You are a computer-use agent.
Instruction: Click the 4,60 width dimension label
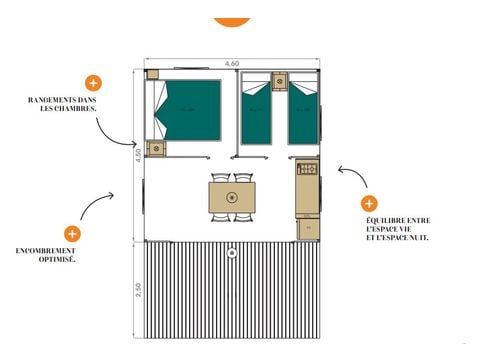[x=232, y=63]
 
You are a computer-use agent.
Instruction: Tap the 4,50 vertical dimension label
[x=137, y=155]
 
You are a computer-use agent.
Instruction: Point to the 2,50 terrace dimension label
[x=137, y=294]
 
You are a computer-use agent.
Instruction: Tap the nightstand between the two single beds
[x=280, y=81]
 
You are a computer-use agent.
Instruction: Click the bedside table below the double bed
[x=156, y=148]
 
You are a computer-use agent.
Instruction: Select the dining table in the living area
[x=232, y=195]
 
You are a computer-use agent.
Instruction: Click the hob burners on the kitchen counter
[x=307, y=169]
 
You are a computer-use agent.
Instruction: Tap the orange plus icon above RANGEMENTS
[x=94, y=83]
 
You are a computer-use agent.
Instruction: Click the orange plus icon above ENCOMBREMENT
[x=72, y=233]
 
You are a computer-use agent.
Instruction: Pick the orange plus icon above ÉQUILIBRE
[x=370, y=203]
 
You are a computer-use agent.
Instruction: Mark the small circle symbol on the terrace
[x=232, y=253]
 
